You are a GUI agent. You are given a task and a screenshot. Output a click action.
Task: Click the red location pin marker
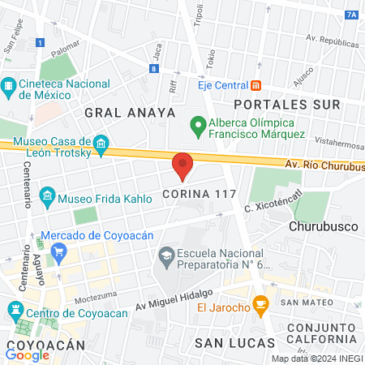coord(182,165)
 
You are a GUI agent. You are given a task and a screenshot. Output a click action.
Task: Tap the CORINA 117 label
coord(199,195)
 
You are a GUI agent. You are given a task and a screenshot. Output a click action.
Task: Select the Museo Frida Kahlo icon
coord(47,195)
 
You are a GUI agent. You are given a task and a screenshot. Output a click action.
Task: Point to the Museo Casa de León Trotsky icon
coord(101,145)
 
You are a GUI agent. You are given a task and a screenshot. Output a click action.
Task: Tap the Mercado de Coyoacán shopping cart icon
coord(58,252)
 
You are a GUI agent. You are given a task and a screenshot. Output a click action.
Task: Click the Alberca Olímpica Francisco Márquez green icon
coord(196,126)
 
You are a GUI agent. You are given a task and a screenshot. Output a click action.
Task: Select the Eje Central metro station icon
coord(255,84)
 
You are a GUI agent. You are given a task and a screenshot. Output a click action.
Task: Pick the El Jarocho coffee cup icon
coord(260,306)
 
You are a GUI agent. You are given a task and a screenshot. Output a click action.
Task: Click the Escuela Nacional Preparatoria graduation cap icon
coord(166,256)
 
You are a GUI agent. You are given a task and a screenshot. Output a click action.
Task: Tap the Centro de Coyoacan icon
coord(15,310)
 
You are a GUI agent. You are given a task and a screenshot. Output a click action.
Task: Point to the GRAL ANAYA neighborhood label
coord(129,113)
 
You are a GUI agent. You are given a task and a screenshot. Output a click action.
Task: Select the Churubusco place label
coord(324,227)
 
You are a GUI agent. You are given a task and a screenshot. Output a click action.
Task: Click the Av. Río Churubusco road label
coord(324,165)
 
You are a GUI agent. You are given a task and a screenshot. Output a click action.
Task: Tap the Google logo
coord(28,354)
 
